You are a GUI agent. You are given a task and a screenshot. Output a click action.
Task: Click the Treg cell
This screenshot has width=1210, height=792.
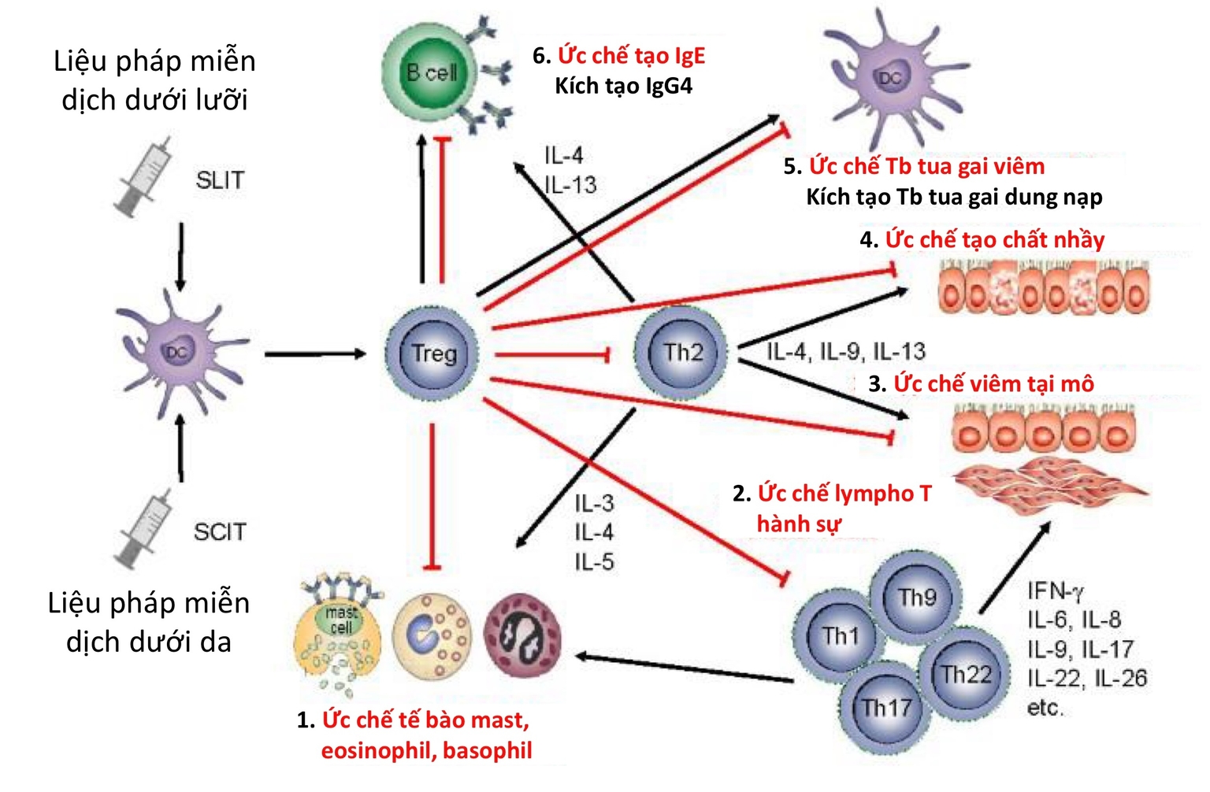[x=432, y=353]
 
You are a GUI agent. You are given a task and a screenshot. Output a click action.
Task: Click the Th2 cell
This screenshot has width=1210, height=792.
[x=681, y=352]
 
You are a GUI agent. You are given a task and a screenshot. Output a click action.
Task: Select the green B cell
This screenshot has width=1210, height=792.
[x=430, y=72]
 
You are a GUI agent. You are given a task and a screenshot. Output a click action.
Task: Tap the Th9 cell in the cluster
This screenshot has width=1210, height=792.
[x=915, y=597]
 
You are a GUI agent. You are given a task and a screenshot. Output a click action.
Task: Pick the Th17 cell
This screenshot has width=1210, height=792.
[x=885, y=707]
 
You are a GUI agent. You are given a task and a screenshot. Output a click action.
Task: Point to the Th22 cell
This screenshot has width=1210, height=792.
[x=965, y=673]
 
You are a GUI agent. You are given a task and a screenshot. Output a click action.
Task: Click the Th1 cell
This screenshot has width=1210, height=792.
[x=839, y=635]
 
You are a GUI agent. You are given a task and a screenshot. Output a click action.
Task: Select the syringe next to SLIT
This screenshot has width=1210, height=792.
[x=146, y=176]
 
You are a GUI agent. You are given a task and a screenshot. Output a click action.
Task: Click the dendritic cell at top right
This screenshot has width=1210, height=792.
[x=890, y=77]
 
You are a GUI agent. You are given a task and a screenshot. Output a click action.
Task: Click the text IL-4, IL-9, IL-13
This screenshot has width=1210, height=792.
[x=846, y=352]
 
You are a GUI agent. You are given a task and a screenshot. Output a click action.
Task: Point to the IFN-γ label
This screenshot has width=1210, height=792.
[x=1056, y=590]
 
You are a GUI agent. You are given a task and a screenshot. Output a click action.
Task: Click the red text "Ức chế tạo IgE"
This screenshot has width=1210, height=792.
[x=631, y=56]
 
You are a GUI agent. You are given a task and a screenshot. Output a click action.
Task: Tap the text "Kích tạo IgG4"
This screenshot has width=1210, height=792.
[x=623, y=86]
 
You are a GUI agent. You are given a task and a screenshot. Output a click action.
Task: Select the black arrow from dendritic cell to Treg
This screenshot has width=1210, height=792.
[x=315, y=354]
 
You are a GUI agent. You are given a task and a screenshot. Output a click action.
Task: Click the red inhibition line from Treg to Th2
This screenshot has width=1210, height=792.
[x=551, y=355]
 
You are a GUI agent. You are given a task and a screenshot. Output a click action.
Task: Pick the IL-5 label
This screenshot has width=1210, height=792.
[x=594, y=562]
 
